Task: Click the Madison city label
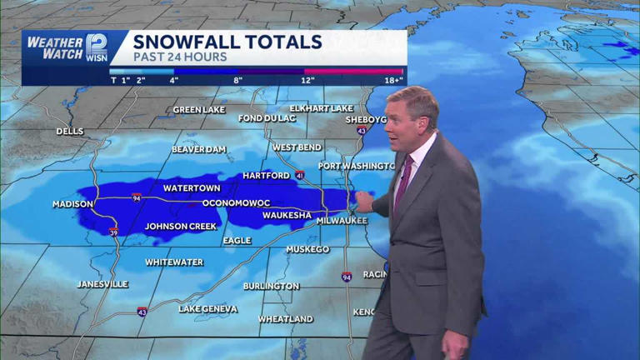point(72,204)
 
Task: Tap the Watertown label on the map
point(192,188)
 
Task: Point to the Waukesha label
point(287,215)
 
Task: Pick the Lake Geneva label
point(207,309)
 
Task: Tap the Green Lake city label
point(199,110)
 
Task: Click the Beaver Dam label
point(198,149)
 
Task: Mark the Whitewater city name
point(174,262)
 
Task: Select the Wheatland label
point(285,319)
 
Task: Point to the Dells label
point(70,132)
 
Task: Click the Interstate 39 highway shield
point(112,232)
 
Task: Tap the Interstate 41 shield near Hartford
point(298,176)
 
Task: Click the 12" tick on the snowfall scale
point(307,80)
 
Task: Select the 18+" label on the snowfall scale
point(393,80)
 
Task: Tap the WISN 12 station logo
point(96,47)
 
